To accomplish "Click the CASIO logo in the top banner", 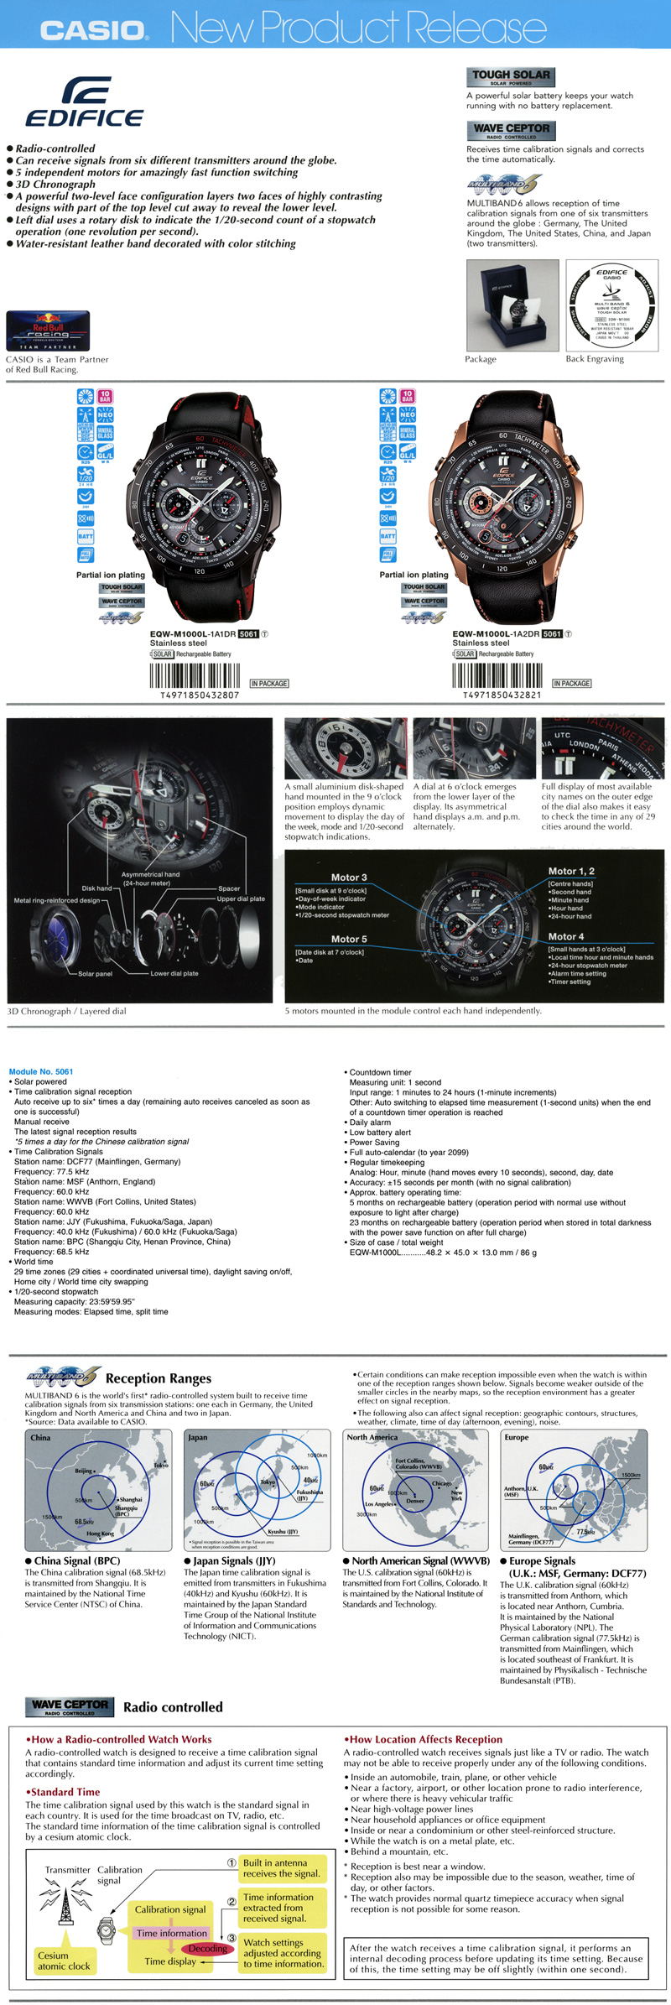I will point(94,30).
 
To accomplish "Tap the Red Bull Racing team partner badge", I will point(48,331).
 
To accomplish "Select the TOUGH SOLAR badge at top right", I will point(511,76).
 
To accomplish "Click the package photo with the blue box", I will point(512,305).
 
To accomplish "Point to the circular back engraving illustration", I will point(612,305).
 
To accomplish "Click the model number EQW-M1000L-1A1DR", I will point(193,634).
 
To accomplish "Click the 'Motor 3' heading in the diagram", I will point(349,877).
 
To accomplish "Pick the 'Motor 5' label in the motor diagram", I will point(349,939).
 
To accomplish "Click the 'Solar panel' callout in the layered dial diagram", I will point(95,974).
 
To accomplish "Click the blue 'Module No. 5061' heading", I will point(41,1071).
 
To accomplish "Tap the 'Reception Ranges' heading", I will point(159,1378).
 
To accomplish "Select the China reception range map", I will point(99,1491).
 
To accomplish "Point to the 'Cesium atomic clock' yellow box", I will point(64,1960).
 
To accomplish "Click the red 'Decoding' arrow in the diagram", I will point(206,1948).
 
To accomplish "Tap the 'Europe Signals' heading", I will point(542,1560).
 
